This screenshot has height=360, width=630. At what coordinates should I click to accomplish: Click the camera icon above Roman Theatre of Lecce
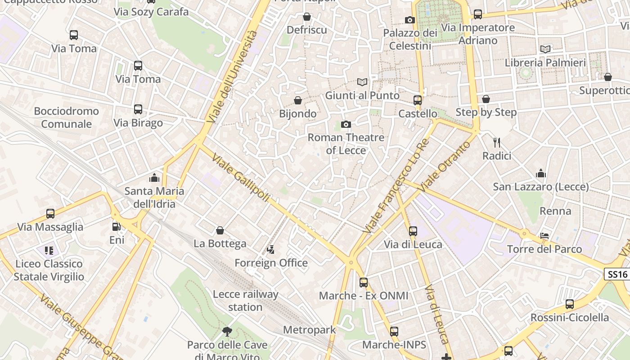(346, 124)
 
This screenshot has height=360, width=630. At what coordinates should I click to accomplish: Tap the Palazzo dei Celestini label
(410, 39)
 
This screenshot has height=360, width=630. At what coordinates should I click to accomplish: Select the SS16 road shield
(616, 274)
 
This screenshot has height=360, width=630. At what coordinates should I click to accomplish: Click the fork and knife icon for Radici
(497, 143)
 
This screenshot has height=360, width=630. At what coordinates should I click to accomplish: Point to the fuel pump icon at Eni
(117, 227)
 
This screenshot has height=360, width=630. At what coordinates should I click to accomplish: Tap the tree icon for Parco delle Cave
(227, 332)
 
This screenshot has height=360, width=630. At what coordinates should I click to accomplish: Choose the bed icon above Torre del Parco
(544, 236)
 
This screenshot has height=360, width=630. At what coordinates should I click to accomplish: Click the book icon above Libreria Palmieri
(545, 49)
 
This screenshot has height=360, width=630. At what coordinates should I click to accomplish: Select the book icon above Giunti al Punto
(362, 82)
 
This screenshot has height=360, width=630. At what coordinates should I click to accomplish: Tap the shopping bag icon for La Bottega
(220, 230)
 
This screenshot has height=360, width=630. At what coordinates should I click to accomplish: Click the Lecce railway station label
(245, 301)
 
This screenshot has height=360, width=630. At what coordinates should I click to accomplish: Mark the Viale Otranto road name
(445, 166)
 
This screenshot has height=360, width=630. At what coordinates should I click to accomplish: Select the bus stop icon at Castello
(418, 100)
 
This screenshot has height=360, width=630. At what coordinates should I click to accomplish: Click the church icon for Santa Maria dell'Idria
(154, 178)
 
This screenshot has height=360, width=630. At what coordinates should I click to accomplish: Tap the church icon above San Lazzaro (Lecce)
(540, 173)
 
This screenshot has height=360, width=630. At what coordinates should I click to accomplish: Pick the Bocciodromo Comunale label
(66, 117)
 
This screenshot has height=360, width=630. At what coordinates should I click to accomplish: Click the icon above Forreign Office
(271, 249)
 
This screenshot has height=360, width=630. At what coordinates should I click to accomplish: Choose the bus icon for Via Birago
(138, 109)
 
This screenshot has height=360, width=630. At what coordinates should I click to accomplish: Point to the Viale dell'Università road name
(233, 76)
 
